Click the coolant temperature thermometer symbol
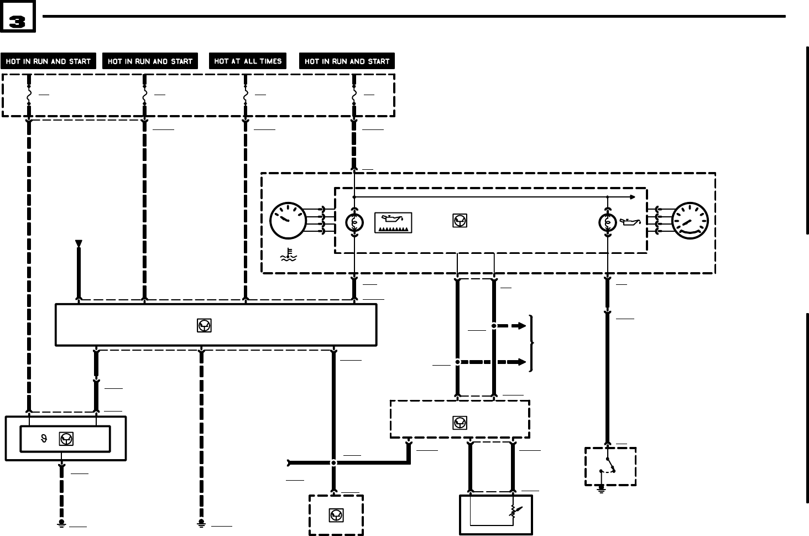[289, 255]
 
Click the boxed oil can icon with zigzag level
[393, 222]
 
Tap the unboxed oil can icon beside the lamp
[630, 222]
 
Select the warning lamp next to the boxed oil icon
[354, 222]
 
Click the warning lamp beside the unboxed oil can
[607, 222]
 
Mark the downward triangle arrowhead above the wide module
[79, 243]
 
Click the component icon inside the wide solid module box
[204, 326]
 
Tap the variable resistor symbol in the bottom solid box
[514, 513]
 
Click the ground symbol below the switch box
[601, 489]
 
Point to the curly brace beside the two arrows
[531, 344]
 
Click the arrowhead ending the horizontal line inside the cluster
[633, 197]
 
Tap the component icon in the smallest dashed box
[336, 516]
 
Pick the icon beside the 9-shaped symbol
[66, 439]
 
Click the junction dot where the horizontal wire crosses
[333, 462]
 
